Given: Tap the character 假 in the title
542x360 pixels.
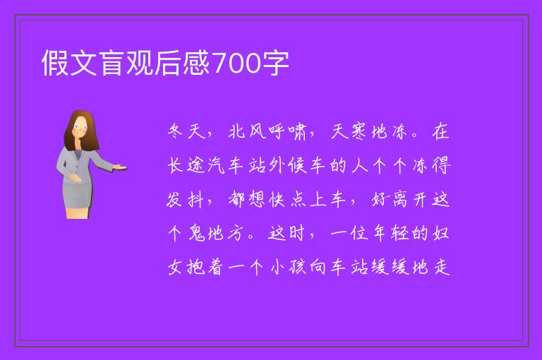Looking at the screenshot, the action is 55,63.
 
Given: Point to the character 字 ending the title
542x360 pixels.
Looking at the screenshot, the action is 275,63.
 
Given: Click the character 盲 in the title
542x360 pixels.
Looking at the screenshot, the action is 112,63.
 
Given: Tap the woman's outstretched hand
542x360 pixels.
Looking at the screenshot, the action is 120,168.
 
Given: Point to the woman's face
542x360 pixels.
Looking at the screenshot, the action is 81,127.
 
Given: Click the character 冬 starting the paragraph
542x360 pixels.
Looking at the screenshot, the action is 175,131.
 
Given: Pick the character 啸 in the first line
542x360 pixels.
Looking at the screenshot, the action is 298,131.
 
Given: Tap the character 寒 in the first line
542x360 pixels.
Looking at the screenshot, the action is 359,131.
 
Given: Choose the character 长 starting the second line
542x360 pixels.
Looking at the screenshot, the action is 175,165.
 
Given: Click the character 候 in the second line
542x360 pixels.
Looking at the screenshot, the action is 297,165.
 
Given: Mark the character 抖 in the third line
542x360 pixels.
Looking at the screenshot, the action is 195,200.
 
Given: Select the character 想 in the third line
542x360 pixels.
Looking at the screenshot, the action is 257,200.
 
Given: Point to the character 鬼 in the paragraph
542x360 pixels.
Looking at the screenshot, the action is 196,234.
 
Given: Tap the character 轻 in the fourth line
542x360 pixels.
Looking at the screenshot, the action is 400,234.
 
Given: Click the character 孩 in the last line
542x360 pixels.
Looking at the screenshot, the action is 297,267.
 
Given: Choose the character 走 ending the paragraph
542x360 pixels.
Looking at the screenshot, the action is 442,267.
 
